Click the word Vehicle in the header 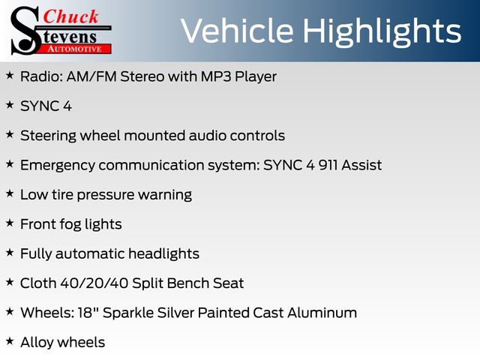pos(237,31)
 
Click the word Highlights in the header pos(382,32)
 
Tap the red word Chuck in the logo pos(70,16)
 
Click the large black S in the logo pos(25,31)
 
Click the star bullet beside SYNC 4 pos(10,105)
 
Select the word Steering pos(48,136)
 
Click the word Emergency pos(58,166)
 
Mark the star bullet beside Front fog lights pos(10,223)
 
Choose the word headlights pos(163,254)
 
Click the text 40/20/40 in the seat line pos(94,283)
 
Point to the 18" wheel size pos(85,313)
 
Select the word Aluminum pos(322,313)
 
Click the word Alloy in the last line pos(37,343)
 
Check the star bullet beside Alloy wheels pos(10,340)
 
